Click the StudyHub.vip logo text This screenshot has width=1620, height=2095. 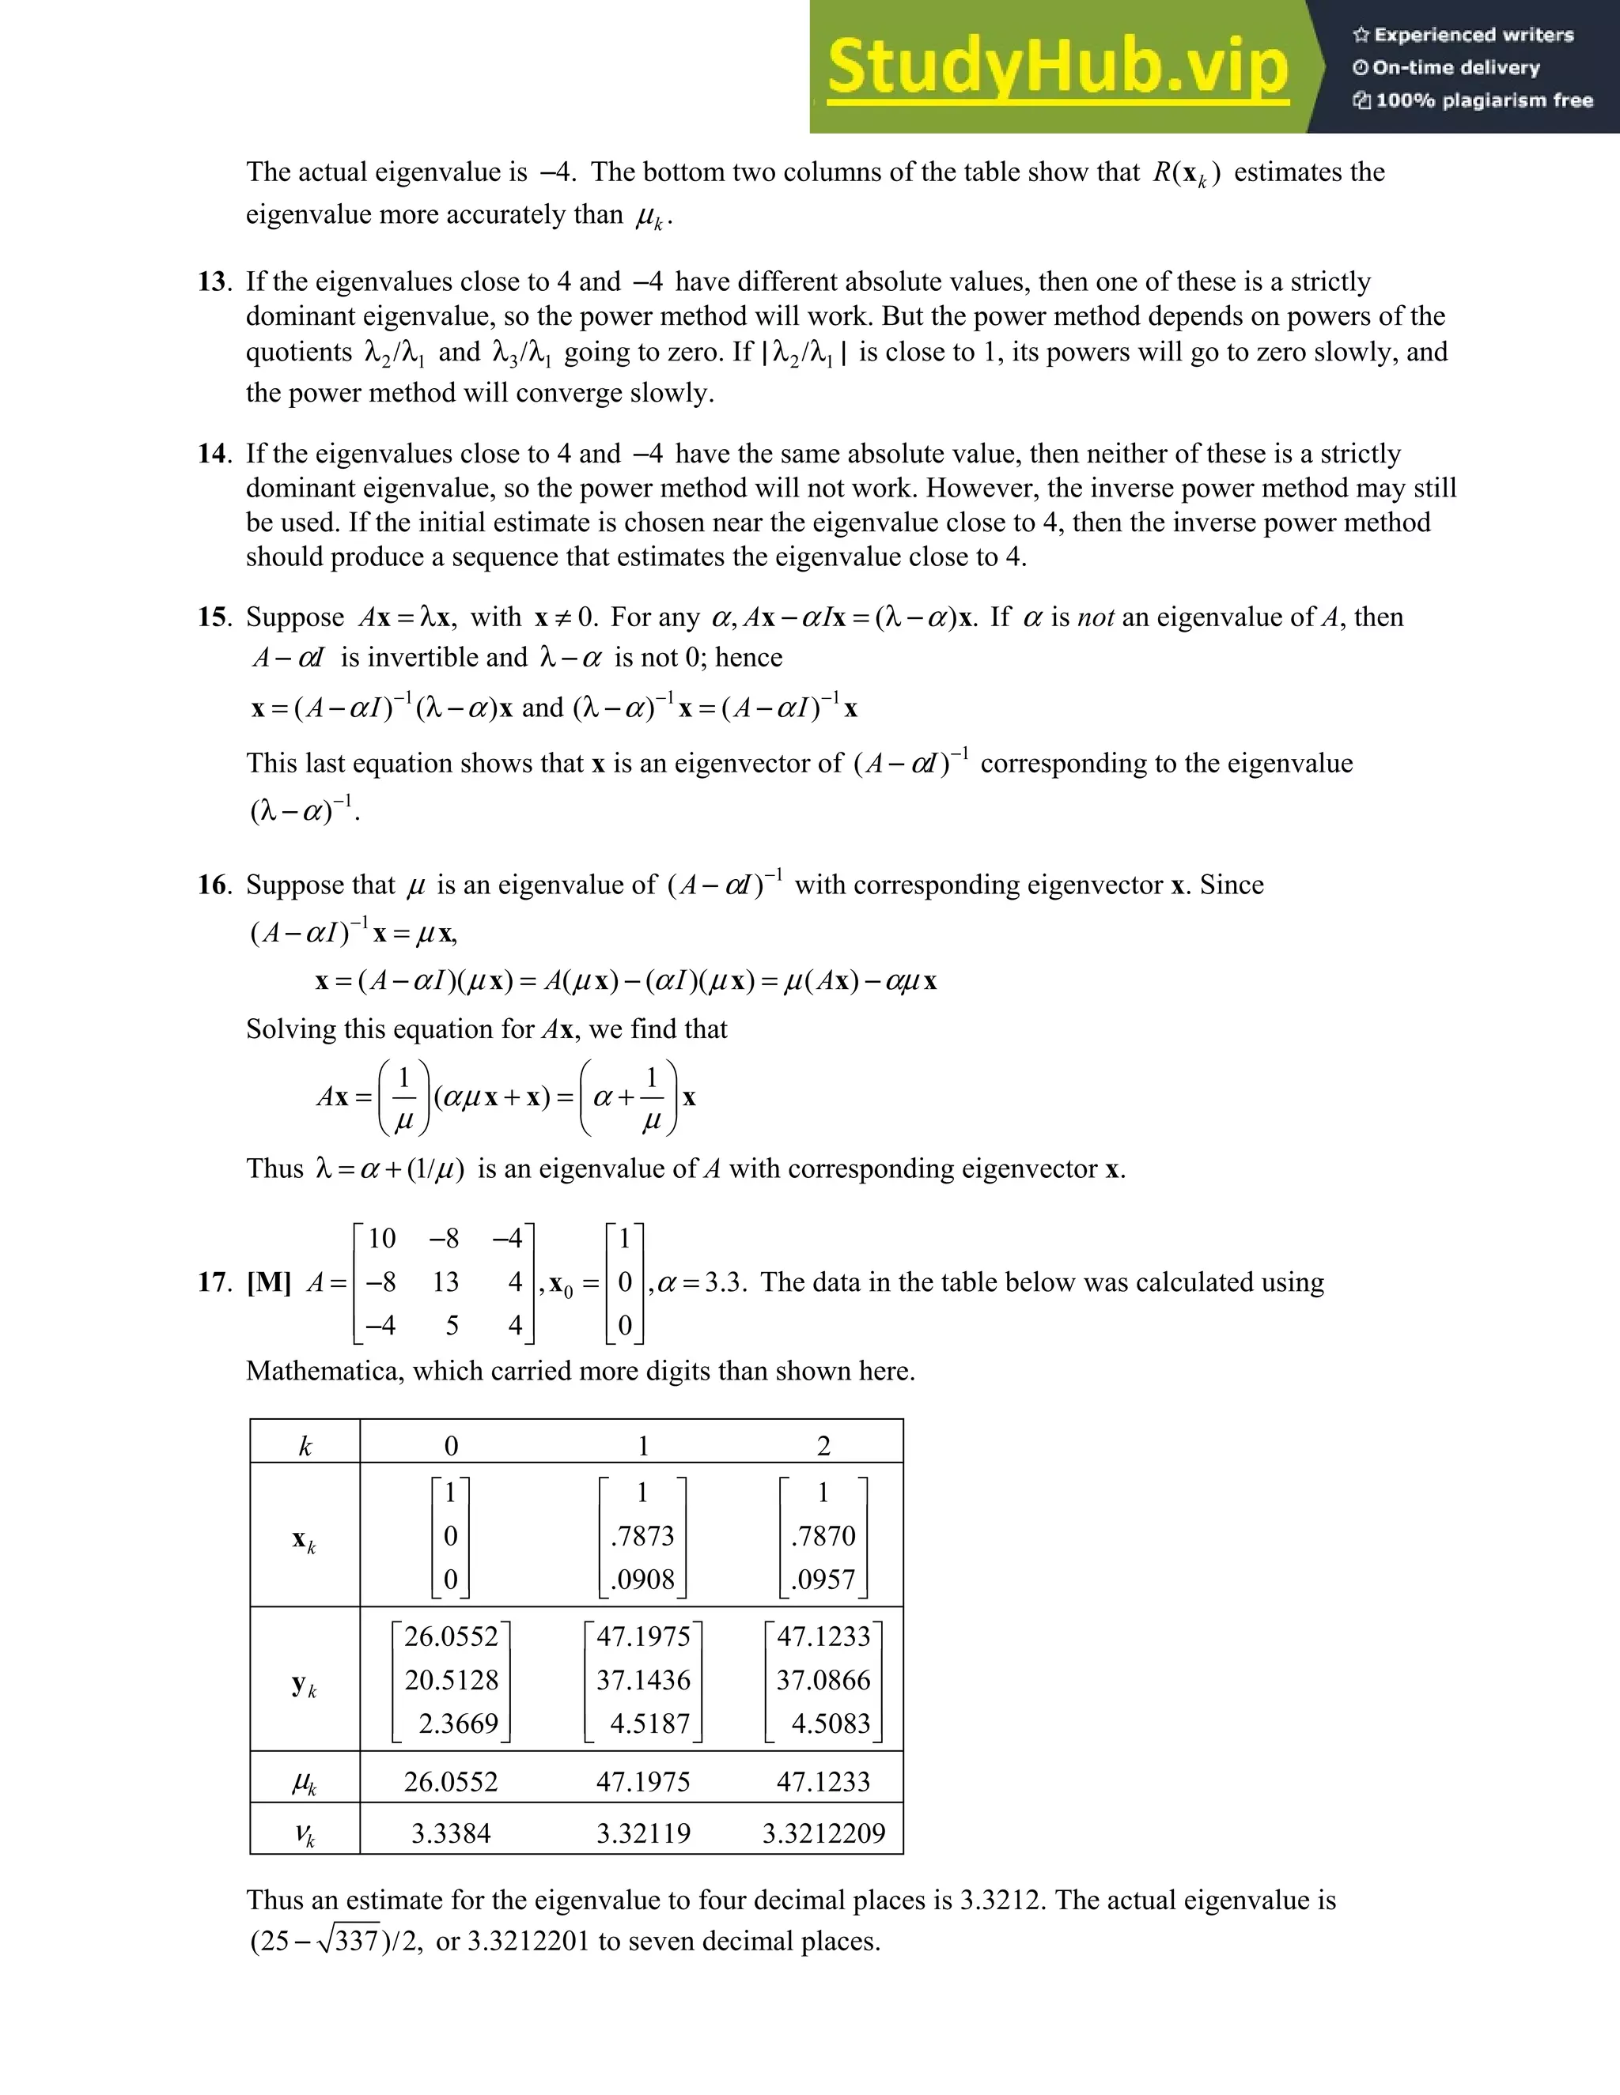[x=1057, y=67]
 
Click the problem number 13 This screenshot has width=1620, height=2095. [x=213, y=282]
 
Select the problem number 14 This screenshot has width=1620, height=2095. [x=213, y=454]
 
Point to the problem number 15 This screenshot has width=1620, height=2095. [x=213, y=617]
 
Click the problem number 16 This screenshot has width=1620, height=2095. [x=213, y=885]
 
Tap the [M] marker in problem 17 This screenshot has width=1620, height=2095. [x=269, y=1282]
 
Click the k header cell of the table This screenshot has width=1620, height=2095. [x=305, y=1447]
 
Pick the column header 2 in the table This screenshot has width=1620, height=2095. [x=823, y=1447]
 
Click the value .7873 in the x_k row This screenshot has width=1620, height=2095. [x=643, y=1537]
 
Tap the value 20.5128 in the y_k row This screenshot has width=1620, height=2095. [x=451, y=1681]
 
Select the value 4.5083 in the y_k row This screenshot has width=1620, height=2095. [x=830, y=1723]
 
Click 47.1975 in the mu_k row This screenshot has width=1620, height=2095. [x=643, y=1782]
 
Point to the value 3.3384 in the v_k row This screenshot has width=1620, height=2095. [x=451, y=1834]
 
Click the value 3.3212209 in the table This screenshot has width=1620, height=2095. [x=823, y=1834]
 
